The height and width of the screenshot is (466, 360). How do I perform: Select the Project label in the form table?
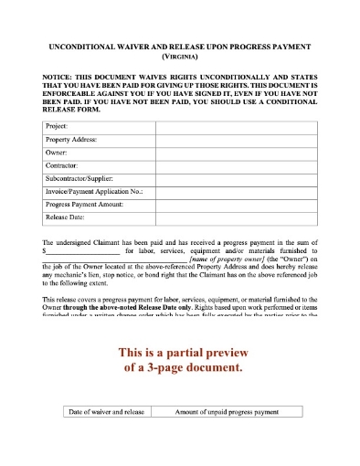click(x=57, y=125)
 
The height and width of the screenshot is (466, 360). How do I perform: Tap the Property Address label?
click(x=71, y=139)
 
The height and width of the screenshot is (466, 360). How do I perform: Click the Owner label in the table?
click(x=57, y=153)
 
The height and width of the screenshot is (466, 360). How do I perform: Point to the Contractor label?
click(x=63, y=166)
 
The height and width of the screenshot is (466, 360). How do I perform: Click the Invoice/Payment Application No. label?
click(x=94, y=193)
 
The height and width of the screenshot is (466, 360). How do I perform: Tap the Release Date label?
click(x=65, y=219)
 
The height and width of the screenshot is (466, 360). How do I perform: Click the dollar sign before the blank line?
click(x=44, y=249)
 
